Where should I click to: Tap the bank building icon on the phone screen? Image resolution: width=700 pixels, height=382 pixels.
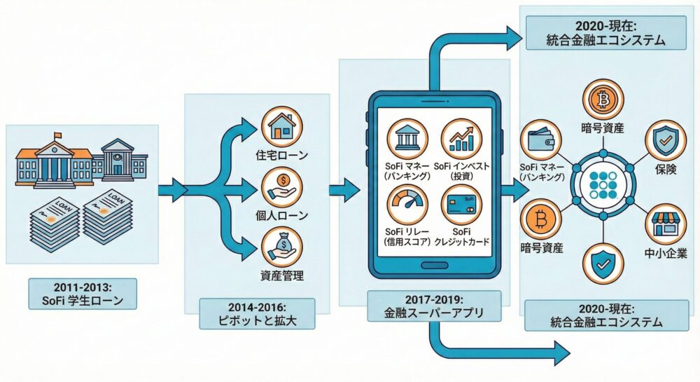coord(408,138)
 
